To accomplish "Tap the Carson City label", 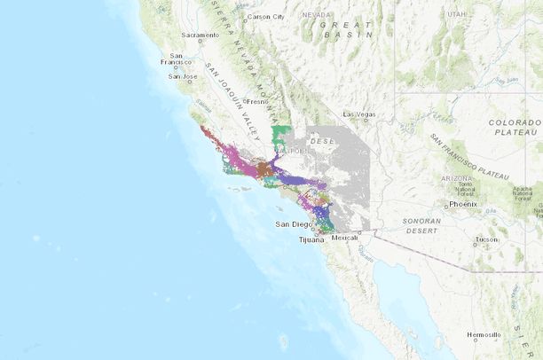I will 266,17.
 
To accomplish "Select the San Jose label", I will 182,76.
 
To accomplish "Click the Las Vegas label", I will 360,114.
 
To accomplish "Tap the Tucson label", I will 486,239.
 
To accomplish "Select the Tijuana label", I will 311,239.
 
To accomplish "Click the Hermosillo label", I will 484,334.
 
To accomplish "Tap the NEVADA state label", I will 315,15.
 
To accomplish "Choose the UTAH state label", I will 456,14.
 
